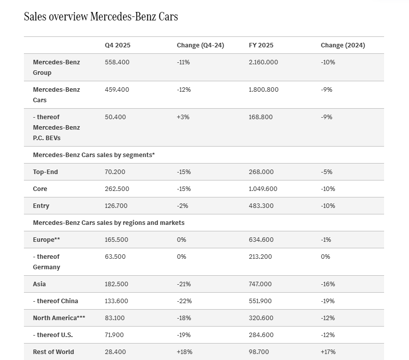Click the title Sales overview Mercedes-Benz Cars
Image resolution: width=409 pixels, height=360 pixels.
pyautogui.click(x=101, y=16)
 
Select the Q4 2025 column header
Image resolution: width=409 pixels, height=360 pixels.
pyautogui.click(x=118, y=45)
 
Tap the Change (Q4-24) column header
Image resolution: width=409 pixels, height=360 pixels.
pyautogui.click(x=200, y=45)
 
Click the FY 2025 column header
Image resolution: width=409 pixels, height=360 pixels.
pyautogui.click(x=262, y=45)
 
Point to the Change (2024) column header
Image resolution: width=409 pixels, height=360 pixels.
pyautogui.click(x=343, y=45)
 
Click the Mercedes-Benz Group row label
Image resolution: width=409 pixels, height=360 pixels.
pyautogui.click(x=56, y=67)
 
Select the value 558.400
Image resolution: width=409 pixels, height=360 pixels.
pyautogui.click(x=117, y=62)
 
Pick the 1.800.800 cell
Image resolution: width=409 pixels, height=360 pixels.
pyautogui.click(x=264, y=90)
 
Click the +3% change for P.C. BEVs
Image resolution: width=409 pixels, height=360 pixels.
pyautogui.click(x=183, y=117)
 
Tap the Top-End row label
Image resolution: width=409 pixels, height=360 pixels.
pyautogui.click(x=45, y=172)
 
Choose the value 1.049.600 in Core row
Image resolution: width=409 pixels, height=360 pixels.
pyautogui.click(x=263, y=189)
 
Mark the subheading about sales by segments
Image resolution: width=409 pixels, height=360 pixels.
pyautogui.click(x=94, y=155)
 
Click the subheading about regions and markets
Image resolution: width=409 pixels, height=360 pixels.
pyautogui.click(x=109, y=223)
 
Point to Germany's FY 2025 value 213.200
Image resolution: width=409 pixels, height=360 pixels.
pyautogui.click(x=261, y=257)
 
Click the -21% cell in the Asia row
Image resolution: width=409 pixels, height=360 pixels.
pyautogui.click(x=184, y=284)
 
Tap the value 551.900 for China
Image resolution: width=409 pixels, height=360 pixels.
pyautogui.click(x=262, y=301)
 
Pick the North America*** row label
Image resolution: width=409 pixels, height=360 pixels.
pyautogui.click(x=59, y=318)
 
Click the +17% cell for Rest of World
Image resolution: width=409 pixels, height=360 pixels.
pyautogui.click(x=328, y=352)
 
